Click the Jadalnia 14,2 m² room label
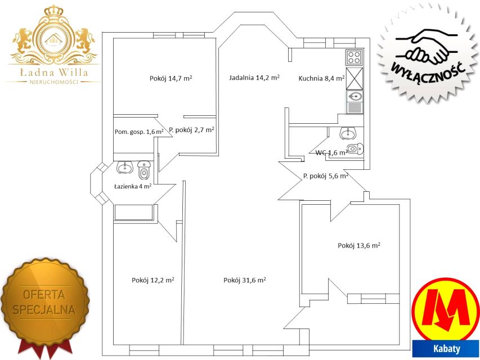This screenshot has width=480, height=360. pos(254,78)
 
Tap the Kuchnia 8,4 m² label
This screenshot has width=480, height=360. pos(321,78)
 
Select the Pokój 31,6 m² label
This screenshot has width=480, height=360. pos(245,280)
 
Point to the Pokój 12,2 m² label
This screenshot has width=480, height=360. pos(153,280)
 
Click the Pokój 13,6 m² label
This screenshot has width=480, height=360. pos(359,245)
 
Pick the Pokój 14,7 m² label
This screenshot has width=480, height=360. pos(171,78)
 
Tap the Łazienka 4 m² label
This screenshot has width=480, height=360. pos(133,186)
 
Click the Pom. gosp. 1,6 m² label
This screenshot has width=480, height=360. pos(139,132)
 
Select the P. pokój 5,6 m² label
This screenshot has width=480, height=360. pos(326,176)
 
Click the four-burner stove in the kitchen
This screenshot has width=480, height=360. pos(354,57)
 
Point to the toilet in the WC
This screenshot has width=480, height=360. pos(356,149)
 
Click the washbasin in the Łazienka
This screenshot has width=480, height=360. pos(124,167)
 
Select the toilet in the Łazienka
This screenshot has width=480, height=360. pos(144,170)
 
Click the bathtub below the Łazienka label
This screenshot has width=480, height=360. pos(133,213)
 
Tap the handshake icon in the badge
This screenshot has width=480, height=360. pos(427,46)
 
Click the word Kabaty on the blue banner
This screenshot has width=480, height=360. pos(447,349)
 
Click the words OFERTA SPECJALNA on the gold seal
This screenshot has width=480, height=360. pos(44,302)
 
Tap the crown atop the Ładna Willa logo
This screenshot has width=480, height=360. pos(53,11)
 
